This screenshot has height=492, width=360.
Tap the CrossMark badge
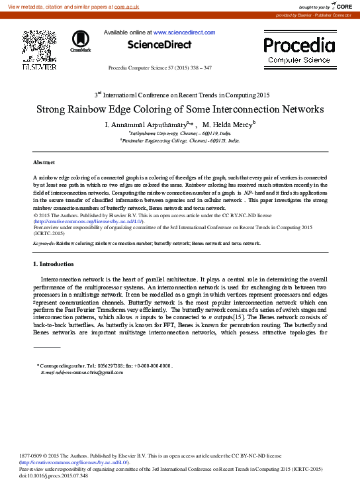tap(81, 41)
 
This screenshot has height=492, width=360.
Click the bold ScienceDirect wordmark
tap(159, 45)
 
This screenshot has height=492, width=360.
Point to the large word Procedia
tap(299, 45)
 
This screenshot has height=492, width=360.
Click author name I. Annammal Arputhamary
tap(146, 124)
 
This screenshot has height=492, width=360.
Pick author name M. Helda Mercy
tap(228, 124)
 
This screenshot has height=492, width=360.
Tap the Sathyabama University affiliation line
tap(179, 133)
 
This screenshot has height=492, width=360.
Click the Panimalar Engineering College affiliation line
tap(179, 140)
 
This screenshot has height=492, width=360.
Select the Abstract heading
tap(44, 162)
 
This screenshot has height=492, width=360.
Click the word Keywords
tap(44, 243)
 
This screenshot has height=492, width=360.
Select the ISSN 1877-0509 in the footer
tap(33, 456)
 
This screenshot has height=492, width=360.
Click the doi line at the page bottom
tap(54, 475)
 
